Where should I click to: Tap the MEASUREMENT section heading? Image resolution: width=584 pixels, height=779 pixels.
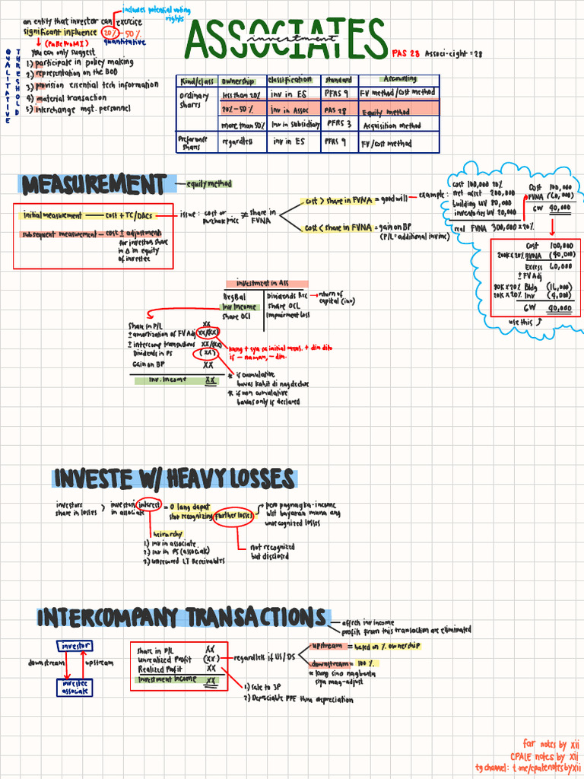[94, 185]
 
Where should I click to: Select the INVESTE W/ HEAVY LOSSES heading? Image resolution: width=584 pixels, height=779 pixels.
[174, 479]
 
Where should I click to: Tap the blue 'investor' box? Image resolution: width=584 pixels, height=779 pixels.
[74, 646]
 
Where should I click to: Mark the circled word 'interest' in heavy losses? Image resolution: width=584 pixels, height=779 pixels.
[149, 505]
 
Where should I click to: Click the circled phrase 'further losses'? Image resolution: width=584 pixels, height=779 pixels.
[235, 516]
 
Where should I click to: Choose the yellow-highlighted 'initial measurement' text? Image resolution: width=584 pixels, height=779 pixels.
[52, 215]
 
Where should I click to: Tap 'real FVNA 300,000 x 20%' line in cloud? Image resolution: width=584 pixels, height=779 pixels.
[493, 227]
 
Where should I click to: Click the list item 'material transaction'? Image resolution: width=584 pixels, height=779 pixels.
[71, 97]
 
